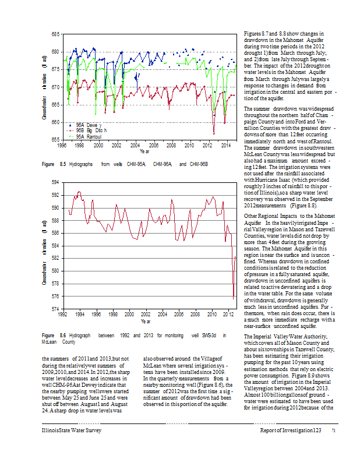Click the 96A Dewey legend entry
[x=85, y=125]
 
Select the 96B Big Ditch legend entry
[x=87, y=130]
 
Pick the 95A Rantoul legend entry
[x=85, y=137]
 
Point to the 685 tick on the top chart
[x=56, y=34]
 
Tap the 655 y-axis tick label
[x=56, y=140]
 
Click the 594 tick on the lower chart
[x=56, y=182]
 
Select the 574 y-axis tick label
[x=56, y=309]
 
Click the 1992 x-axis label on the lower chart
[x=62, y=315]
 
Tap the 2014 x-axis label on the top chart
[x=226, y=145]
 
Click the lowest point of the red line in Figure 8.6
[x=234, y=299]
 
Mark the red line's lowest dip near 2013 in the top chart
[x=214, y=134]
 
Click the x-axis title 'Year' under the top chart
[x=144, y=151]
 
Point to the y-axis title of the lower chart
[x=44, y=253]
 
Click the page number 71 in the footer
[x=334, y=430]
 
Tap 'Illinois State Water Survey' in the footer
[x=72, y=430]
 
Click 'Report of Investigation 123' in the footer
[x=291, y=430]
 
